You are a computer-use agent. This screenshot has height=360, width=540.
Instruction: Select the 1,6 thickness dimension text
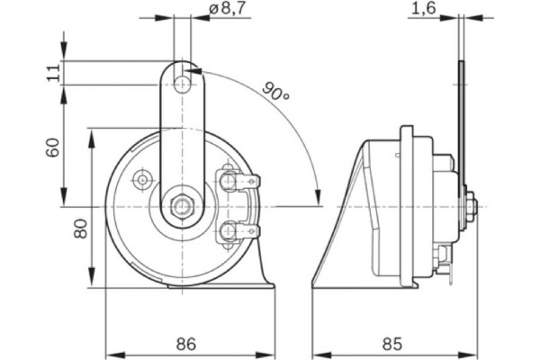coord(424,10)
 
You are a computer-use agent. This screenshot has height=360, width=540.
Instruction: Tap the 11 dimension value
coord(53,73)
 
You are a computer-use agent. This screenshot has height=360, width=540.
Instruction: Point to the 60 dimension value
coord(53,146)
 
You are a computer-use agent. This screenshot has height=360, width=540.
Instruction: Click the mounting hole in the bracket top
coord(184,85)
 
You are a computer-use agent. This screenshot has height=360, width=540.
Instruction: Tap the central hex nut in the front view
coord(184,205)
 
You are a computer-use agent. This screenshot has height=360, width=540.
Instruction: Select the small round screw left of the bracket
coord(141,180)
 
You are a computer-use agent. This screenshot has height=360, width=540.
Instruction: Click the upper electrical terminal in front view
coord(236,183)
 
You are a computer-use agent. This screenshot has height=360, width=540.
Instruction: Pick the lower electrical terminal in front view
coord(236,232)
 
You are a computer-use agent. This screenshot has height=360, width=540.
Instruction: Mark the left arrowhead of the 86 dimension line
coord(111,352)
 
